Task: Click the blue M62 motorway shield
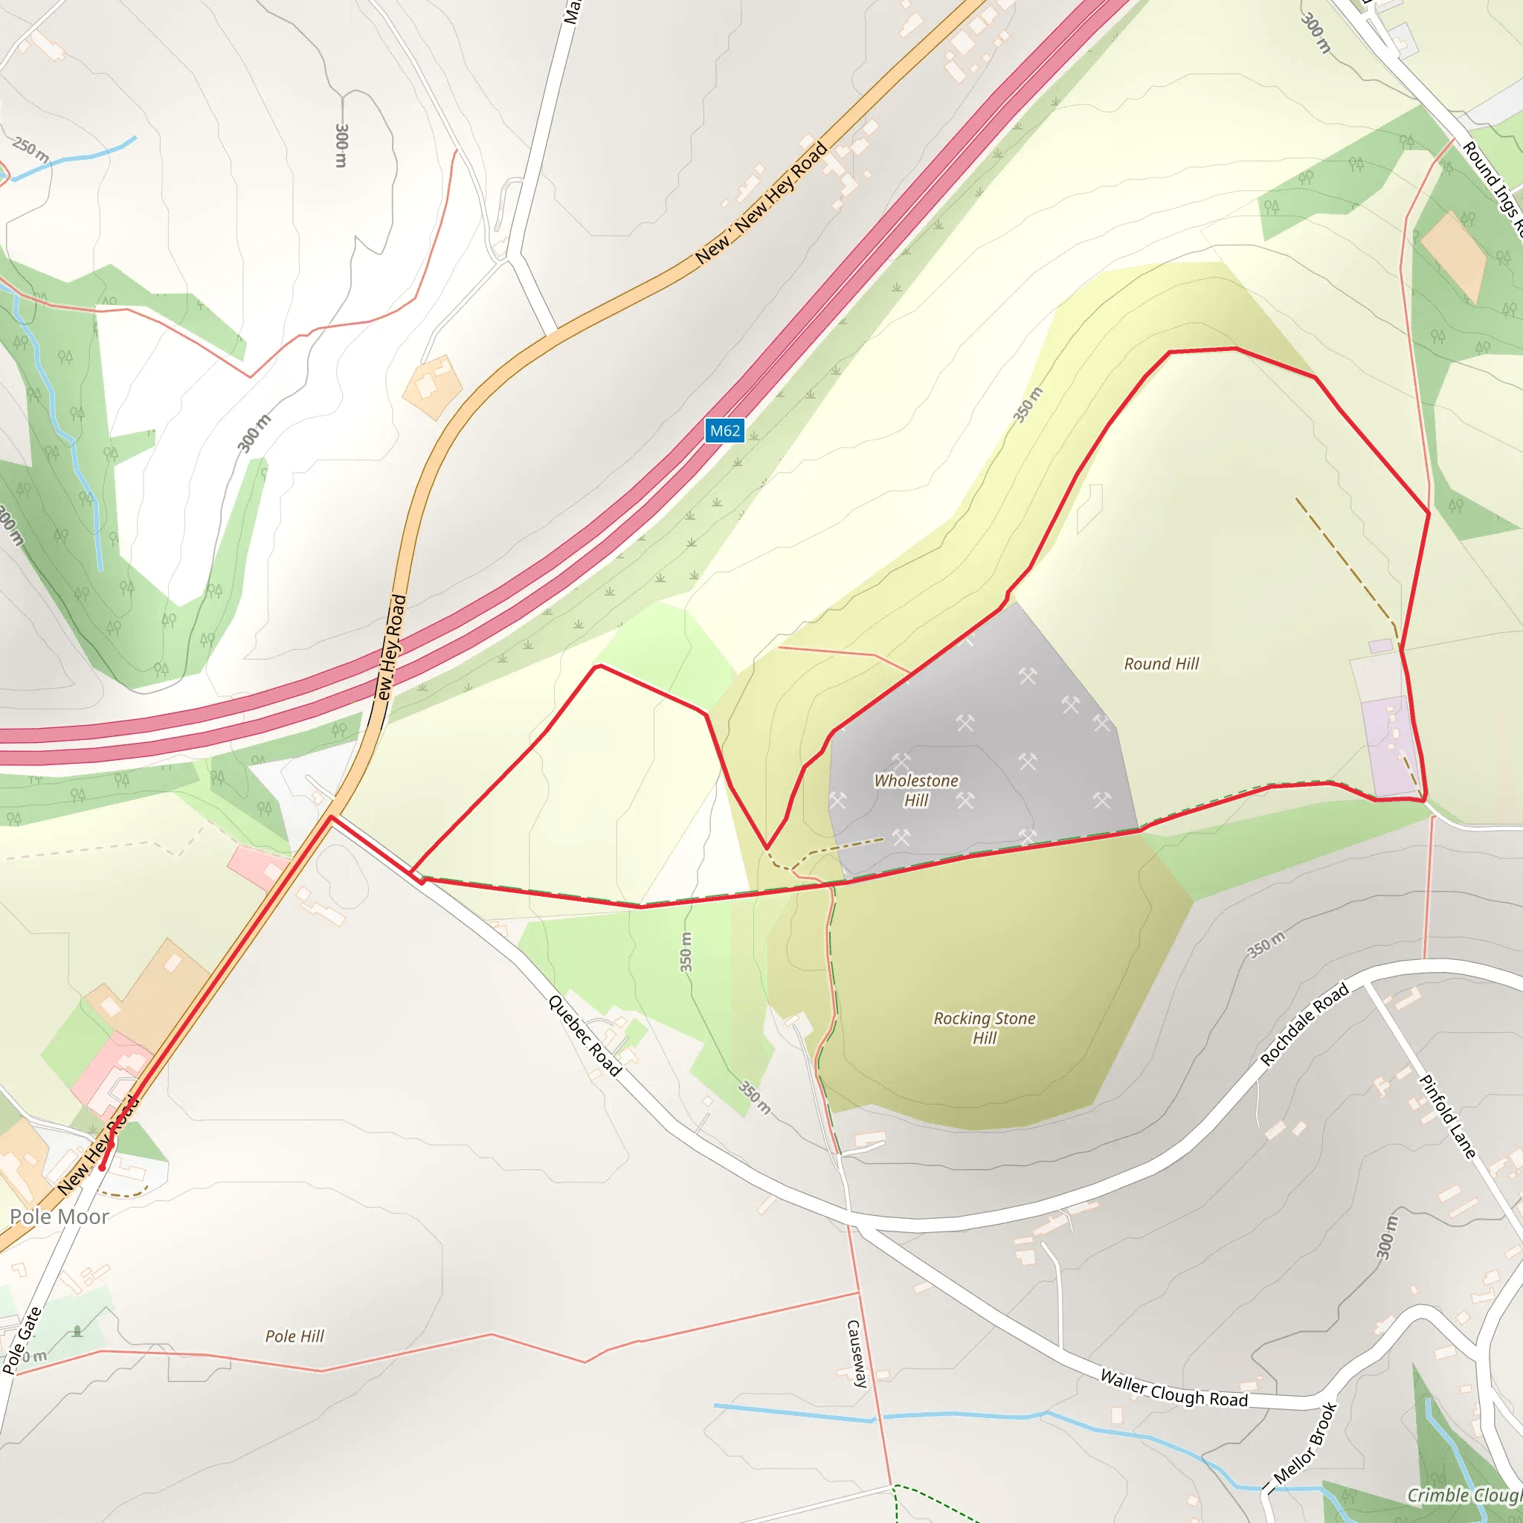pyautogui.click(x=724, y=431)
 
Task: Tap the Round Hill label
pyautogui.click(x=1160, y=664)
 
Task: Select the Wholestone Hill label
pyautogui.click(x=916, y=790)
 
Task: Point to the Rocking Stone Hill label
pyautogui.click(x=984, y=1028)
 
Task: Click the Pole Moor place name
pyautogui.click(x=59, y=1217)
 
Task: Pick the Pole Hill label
pyautogui.click(x=294, y=1336)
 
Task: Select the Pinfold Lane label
pyautogui.click(x=1446, y=1116)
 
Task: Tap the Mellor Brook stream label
pyautogui.click(x=1305, y=1443)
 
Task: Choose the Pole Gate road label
pyautogui.click(x=22, y=1340)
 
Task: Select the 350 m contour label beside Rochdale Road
pyautogui.click(x=1266, y=944)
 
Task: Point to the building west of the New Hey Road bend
pyautogui.click(x=431, y=385)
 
